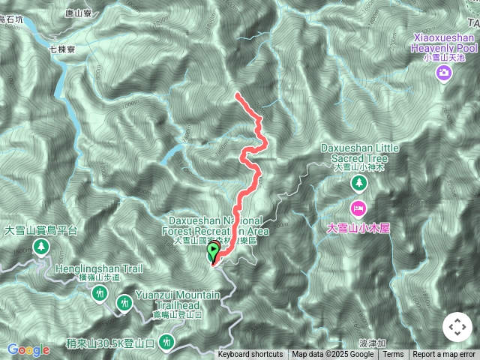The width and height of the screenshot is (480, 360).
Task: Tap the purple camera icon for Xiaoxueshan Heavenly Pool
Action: pos(444,73)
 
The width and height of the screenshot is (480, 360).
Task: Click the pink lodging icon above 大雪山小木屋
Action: pos(358,207)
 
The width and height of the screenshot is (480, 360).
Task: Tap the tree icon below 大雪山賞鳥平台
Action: pos(41,247)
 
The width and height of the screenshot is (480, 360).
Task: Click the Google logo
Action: pos(28,349)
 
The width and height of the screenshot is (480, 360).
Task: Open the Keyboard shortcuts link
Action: pos(250,355)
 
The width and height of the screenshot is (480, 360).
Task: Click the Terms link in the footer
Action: pos(393,355)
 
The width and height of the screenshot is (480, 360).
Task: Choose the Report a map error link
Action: pos(444,355)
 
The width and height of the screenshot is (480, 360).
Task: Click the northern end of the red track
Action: pos(237,94)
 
